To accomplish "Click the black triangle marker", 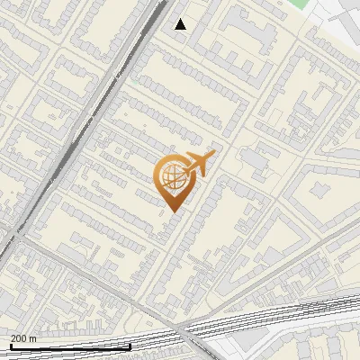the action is point(180,24).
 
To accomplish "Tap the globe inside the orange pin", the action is point(172,176).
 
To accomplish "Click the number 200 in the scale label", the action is point(19,337).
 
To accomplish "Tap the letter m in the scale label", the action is point(33,337).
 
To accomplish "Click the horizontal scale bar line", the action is point(70,346).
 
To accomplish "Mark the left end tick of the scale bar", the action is point(11,346).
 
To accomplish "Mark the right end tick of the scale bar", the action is point(130,346).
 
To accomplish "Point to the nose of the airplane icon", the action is point(213,154).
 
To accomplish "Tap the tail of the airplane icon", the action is point(185,169).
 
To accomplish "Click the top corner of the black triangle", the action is point(180,19).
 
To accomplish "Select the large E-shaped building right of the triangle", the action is point(247,31).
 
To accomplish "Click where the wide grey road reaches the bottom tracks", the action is point(184,328).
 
